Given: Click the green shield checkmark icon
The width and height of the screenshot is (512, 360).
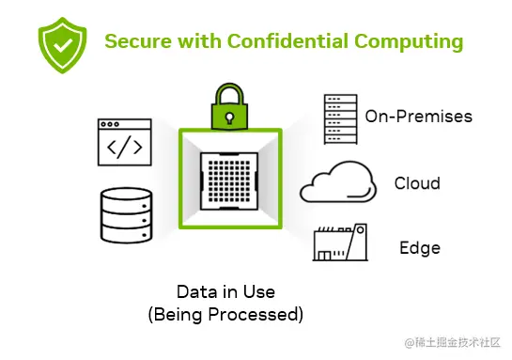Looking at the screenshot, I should (59, 42).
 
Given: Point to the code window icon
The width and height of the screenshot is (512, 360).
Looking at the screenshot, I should (125, 143).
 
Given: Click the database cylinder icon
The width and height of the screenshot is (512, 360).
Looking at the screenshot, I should (125, 214).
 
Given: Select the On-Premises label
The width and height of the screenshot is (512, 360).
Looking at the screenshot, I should (418, 117).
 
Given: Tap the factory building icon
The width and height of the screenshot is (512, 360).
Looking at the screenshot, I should (339, 244).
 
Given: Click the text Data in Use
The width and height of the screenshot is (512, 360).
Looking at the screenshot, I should (225, 290).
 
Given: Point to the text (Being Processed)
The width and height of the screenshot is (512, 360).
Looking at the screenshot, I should (225, 314).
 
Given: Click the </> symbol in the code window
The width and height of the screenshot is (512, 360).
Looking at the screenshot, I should (125, 148).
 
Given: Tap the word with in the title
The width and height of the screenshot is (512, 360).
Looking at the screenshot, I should (199, 42).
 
